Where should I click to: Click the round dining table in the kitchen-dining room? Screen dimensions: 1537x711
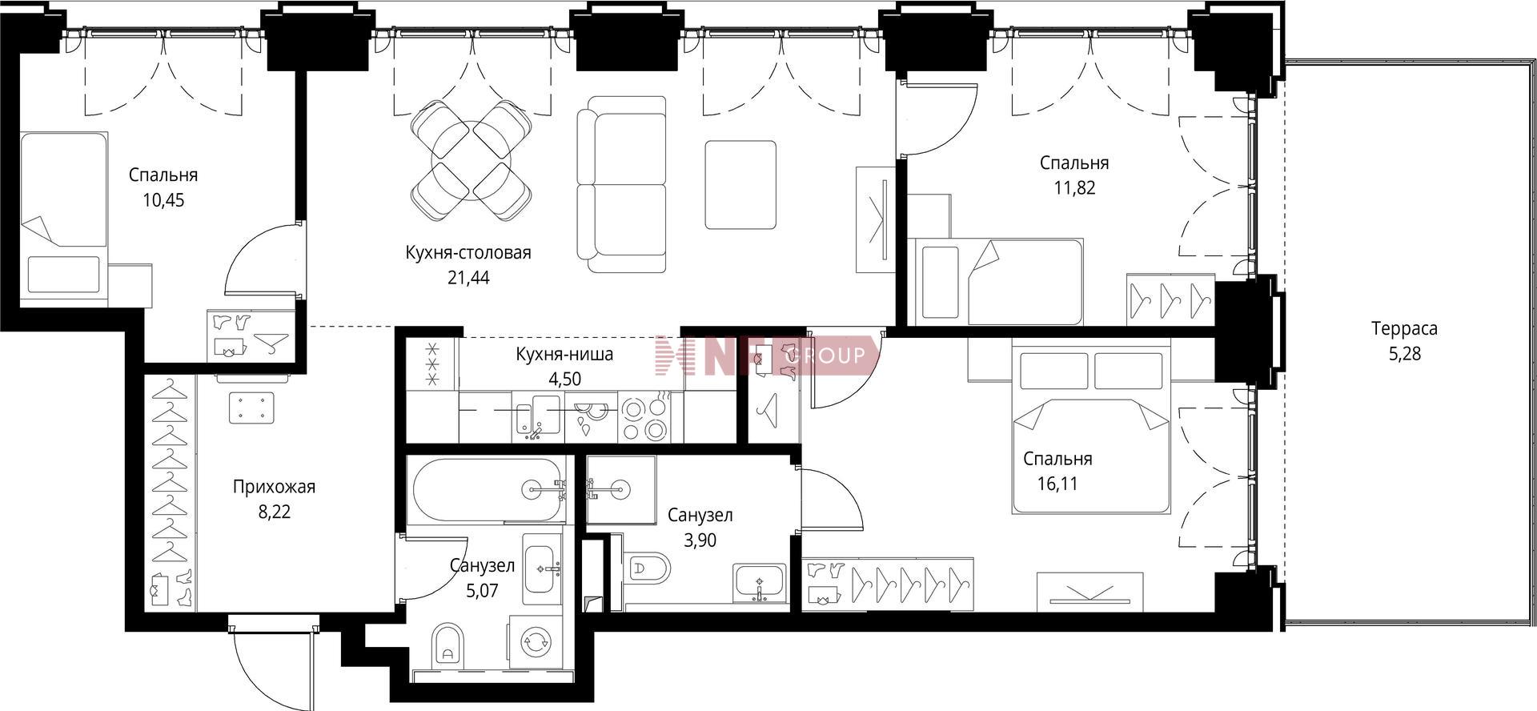tap(471, 160)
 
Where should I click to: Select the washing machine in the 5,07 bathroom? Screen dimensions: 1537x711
tap(534, 641)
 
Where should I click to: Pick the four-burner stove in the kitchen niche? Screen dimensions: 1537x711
tap(644, 419)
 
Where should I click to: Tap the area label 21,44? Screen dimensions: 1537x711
tap(468, 278)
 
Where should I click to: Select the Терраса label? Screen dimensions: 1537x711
tap(1404, 328)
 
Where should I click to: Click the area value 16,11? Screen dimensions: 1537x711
tap(1056, 484)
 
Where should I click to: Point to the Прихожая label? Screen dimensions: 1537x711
tap(274, 487)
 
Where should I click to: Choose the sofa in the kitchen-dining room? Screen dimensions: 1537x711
tap(622, 184)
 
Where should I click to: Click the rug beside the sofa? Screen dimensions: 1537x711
tap(740, 185)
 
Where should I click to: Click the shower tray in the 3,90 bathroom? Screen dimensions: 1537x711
tap(621, 489)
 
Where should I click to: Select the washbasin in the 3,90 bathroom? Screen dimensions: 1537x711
tap(759, 583)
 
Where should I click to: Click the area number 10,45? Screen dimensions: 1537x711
tap(163, 200)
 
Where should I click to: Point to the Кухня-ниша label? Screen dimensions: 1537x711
tap(564, 355)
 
